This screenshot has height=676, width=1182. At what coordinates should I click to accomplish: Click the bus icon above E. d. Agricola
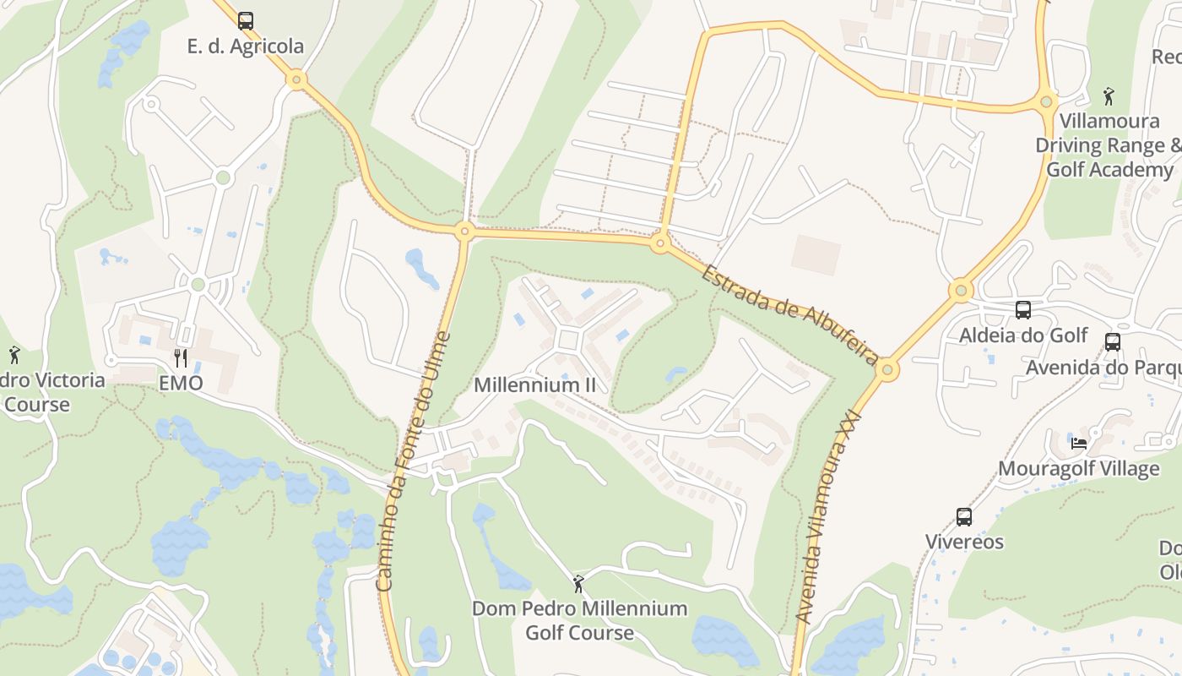pyautogui.click(x=245, y=20)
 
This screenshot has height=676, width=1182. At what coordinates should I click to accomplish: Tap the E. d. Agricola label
pyautogui.click(x=245, y=46)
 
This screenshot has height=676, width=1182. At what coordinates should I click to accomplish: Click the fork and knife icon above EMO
pyautogui.click(x=181, y=357)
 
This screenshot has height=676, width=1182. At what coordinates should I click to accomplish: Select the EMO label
pyautogui.click(x=181, y=383)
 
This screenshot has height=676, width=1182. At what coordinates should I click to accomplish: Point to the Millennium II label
pyautogui.click(x=534, y=385)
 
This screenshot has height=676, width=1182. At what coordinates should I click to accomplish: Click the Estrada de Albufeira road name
pyautogui.click(x=789, y=314)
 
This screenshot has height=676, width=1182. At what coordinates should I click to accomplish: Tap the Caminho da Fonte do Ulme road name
pyautogui.click(x=414, y=461)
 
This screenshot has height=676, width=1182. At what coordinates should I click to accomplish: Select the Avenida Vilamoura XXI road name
pyautogui.click(x=827, y=517)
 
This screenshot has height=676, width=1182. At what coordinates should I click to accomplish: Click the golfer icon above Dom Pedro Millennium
pyautogui.click(x=578, y=583)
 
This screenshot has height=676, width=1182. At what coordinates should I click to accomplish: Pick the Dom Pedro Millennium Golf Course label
pyautogui.click(x=579, y=620)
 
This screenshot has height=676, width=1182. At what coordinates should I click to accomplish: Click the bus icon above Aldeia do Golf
pyautogui.click(x=1023, y=310)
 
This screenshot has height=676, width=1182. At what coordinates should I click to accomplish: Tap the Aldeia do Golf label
pyautogui.click(x=1023, y=335)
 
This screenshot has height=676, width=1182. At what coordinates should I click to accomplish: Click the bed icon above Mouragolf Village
pyautogui.click(x=1078, y=443)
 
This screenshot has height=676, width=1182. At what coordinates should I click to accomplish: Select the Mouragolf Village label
pyautogui.click(x=1078, y=468)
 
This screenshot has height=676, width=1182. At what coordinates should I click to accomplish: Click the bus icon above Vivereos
pyautogui.click(x=964, y=516)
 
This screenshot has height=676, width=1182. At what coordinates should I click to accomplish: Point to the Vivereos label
pyautogui.click(x=964, y=542)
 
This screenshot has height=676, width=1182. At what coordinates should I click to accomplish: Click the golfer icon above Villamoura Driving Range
pyautogui.click(x=1109, y=95)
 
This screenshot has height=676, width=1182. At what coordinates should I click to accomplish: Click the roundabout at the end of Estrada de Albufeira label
pyautogui.click(x=887, y=370)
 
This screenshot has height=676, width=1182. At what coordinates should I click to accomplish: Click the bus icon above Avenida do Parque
pyautogui.click(x=1113, y=342)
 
